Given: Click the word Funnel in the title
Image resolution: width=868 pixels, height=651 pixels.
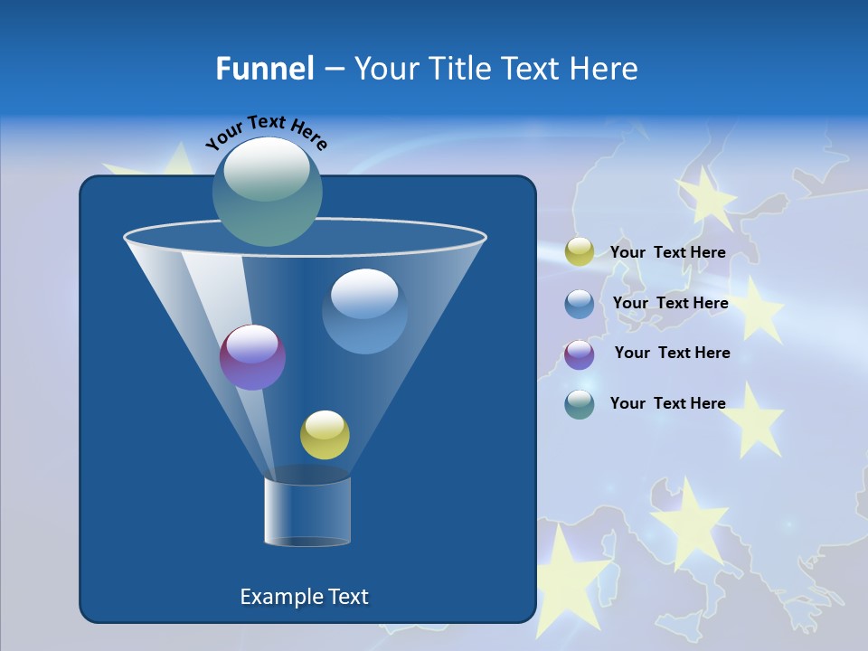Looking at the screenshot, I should (x=265, y=69).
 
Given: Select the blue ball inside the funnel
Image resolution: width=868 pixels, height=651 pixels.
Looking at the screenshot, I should (x=364, y=312).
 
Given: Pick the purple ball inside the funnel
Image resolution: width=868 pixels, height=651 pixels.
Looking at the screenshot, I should (x=252, y=358).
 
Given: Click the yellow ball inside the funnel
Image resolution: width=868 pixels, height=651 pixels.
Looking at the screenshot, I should (x=325, y=435).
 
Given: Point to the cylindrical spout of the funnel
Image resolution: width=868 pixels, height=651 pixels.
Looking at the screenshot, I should (x=307, y=512).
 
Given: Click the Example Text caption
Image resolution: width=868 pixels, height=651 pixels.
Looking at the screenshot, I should (x=304, y=597).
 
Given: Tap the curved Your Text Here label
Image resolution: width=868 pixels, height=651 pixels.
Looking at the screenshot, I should (x=266, y=132).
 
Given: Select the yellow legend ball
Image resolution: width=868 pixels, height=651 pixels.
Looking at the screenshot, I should (x=580, y=252).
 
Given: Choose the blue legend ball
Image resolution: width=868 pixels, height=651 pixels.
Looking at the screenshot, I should (x=580, y=304).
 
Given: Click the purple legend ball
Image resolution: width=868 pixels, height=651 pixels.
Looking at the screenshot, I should (x=580, y=354).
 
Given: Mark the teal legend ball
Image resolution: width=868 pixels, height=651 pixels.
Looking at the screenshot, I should (x=580, y=404).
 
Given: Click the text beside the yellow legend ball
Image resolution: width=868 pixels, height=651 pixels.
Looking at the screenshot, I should (x=667, y=253).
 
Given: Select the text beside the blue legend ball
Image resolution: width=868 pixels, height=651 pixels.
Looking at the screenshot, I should (x=670, y=303).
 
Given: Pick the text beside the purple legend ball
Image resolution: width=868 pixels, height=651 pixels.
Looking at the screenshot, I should (x=672, y=353).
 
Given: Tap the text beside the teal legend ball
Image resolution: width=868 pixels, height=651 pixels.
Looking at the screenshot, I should (x=667, y=403).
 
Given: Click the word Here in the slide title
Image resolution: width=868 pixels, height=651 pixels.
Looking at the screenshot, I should (x=603, y=69).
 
